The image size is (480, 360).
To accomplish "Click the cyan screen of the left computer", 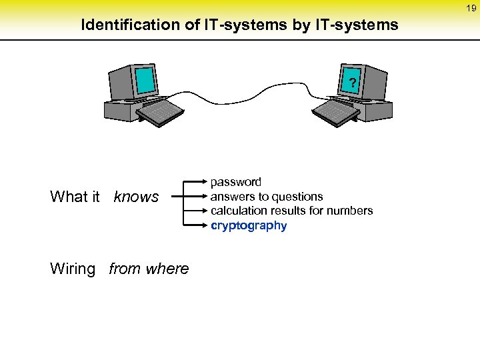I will click(145, 81).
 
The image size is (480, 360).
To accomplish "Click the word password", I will click(236, 181).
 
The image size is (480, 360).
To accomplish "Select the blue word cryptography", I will click(249, 225).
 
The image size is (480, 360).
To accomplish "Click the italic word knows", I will click(137, 197).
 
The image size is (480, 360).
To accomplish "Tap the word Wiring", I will click(73, 269).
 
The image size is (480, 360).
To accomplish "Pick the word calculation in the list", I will click(238, 211).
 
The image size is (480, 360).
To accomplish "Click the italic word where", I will click(169, 269).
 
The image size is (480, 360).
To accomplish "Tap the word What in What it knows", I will click(69, 197).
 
